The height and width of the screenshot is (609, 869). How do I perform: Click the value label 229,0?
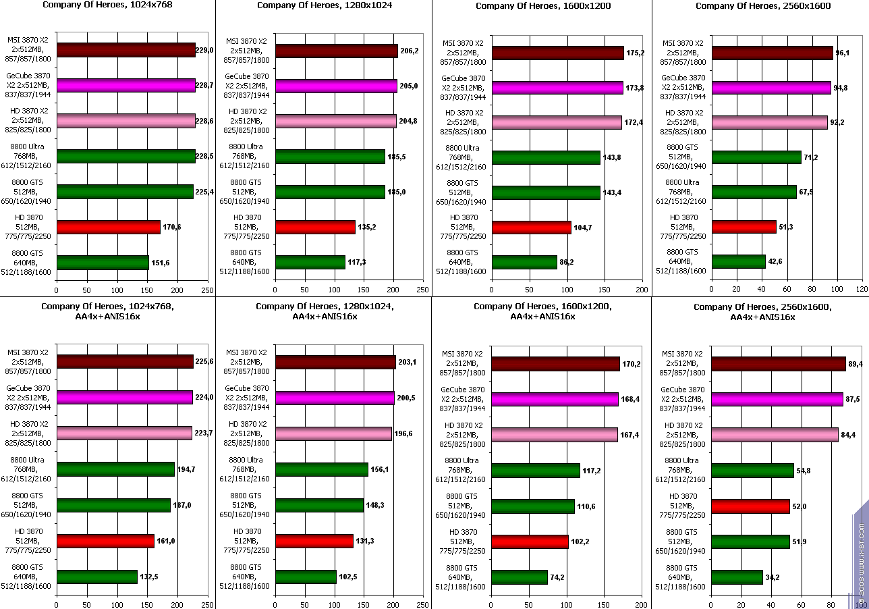(x=205, y=50)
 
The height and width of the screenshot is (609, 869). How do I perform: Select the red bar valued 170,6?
(x=109, y=228)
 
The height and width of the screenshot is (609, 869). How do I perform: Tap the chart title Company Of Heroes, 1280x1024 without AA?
(x=325, y=5)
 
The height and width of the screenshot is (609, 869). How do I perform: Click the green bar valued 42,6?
(x=738, y=261)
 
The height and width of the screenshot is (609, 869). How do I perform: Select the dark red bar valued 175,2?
(x=557, y=53)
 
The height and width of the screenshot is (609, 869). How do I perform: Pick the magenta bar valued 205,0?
(x=336, y=86)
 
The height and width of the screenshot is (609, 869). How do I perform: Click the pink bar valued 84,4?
(x=775, y=435)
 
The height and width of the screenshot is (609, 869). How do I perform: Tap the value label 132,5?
(x=149, y=577)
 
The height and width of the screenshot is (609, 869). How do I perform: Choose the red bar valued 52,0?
(x=750, y=506)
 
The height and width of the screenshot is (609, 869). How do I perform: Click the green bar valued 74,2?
(x=519, y=577)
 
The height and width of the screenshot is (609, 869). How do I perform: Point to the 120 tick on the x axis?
(x=862, y=289)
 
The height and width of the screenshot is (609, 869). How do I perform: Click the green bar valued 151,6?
(x=103, y=263)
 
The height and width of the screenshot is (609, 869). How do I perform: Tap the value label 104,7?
(x=583, y=228)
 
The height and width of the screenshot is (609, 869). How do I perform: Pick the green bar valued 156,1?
(x=322, y=469)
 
